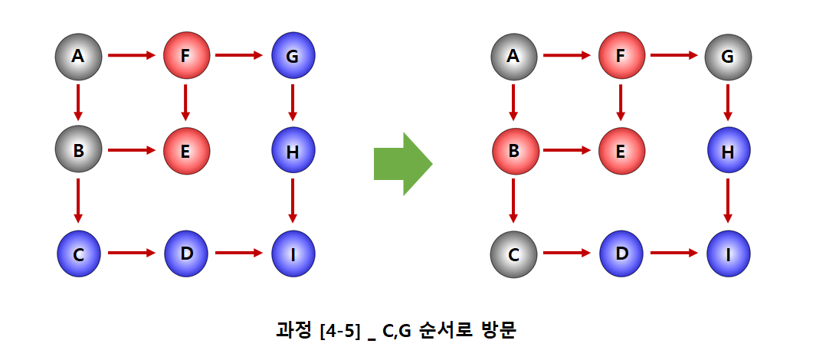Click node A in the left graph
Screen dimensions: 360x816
[x=78, y=55]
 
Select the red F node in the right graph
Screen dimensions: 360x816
[x=621, y=55]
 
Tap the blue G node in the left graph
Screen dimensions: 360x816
[x=293, y=55]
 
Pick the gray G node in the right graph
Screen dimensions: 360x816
[x=729, y=55]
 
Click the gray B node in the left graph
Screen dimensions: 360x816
[x=78, y=150]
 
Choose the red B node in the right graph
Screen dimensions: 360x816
[x=514, y=150]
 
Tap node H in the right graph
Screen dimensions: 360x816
[x=729, y=152]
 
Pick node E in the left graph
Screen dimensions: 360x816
[x=186, y=150]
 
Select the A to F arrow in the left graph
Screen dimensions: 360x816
[x=131, y=55]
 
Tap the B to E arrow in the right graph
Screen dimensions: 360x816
[x=567, y=150]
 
